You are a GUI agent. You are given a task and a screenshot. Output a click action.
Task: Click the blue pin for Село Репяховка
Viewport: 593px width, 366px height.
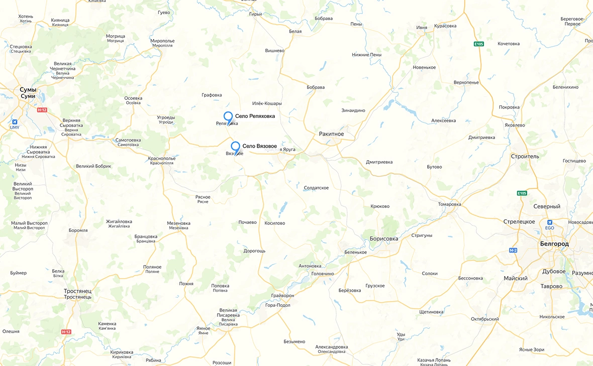(x=228, y=117)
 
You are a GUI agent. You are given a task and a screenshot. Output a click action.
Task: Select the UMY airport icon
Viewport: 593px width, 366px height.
(x=15, y=122)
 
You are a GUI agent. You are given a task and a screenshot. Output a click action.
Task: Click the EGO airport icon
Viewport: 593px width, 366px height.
(x=549, y=222)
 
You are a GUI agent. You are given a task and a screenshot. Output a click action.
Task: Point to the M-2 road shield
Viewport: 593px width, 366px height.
(x=513, y=250)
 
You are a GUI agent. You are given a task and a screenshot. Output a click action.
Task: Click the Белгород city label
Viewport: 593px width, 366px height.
(x=554, y=243)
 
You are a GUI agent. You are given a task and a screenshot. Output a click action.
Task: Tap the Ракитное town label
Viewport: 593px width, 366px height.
(x=331, y=134)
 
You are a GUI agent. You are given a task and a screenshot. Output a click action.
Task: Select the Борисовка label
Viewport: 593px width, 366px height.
(x=383, y=239)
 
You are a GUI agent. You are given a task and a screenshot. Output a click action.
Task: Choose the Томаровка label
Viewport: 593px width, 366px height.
(x=449, y=204)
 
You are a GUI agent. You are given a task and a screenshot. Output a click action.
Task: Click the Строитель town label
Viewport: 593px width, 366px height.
(x=525, y=157)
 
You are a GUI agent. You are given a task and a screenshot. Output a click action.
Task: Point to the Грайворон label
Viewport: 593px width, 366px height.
(x=282, y=296)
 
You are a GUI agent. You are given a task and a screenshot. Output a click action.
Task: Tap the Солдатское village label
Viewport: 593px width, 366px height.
(x=316, y=188)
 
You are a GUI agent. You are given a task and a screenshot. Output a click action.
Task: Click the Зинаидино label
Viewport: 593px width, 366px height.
(x=353, y=110)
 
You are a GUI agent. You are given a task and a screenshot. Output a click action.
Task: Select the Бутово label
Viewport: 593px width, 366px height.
(x=434, y=167)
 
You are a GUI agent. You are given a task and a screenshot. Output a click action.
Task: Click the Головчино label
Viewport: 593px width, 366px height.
(x=323, y=274)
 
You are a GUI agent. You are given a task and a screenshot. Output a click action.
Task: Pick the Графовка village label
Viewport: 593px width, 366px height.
(x=212, y=95)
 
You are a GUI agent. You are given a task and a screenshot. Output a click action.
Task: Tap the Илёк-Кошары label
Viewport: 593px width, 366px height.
(x=267, y=103)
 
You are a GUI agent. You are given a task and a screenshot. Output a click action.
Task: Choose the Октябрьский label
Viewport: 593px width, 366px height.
(x=485, y=319)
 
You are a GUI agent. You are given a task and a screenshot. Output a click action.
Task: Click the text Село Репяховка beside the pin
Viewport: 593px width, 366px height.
(x=255, y=116)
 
